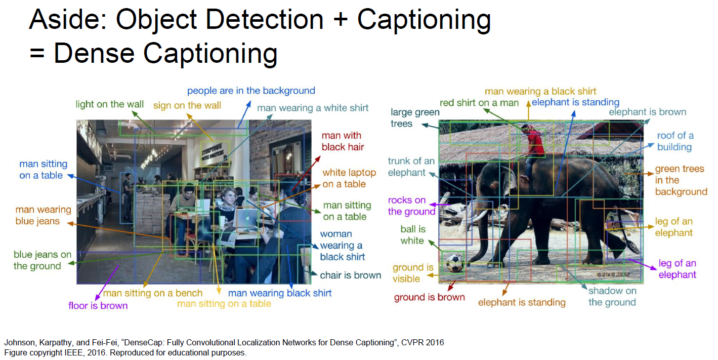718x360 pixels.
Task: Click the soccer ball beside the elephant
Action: click(454, 263)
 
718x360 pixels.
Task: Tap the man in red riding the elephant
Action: click(532, 147)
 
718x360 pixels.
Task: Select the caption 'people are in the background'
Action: click(251, 91)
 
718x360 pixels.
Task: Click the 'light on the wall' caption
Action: click(110, 104)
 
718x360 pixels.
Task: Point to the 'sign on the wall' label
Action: click(187, 105)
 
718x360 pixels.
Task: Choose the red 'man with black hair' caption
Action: click(343, 141)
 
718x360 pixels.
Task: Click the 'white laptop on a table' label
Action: click(349, 178)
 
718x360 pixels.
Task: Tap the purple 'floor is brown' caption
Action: click(98, 305)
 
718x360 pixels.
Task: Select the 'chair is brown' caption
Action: click(351, 275)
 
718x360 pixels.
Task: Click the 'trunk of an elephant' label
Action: click(411, 167)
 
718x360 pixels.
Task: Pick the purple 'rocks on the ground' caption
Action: click(411, 206)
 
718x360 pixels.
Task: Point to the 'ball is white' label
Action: click(412, 234)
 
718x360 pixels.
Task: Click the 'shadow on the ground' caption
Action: click(612, 297)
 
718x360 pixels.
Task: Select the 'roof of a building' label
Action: click(675, 141)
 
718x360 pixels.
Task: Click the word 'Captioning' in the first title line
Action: click(424, 20)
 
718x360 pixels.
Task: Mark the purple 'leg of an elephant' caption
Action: click(677, 269)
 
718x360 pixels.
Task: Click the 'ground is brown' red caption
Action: click(429, 297)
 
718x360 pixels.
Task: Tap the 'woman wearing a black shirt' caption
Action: click(342, 246)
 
